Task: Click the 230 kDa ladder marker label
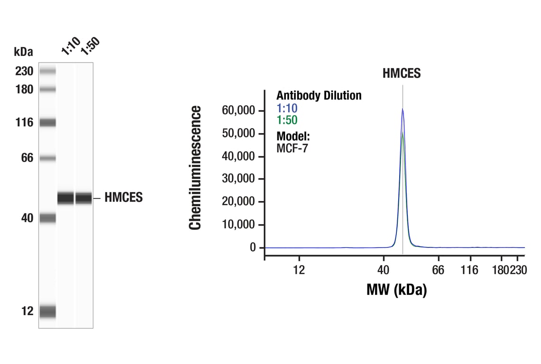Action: tap(24, 72)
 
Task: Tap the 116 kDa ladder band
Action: tap(47, 123)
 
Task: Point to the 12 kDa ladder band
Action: tap(47, 311)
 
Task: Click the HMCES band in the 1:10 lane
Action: tap(66, 198)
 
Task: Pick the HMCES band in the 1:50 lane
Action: tap(83, 198)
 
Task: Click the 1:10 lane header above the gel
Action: tap(71, 47)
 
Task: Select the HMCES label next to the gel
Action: tap(123, 198)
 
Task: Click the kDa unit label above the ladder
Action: tap(23, 51)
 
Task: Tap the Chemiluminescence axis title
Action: tap(195, 168)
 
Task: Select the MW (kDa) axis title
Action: tap(396, 289)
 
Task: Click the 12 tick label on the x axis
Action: tap(299, 270)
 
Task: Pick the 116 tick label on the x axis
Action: tap(469, 270)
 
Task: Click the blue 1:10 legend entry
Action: tap(287, 108)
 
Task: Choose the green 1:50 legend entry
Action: tap(287, 120)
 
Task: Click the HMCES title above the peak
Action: tap(402, 73)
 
